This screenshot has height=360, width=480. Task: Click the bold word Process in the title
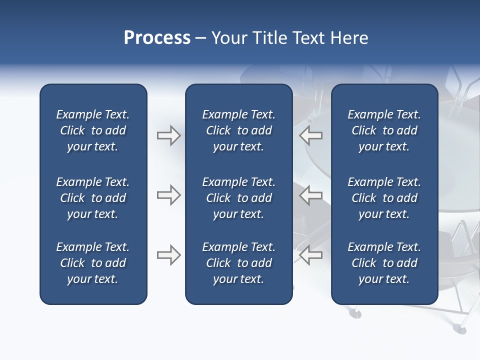(x=157, y=38)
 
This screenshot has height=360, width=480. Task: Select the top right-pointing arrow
(x=168, y=135)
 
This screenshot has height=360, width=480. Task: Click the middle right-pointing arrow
(x=168, y=195)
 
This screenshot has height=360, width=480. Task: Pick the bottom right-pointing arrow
(x=168, y=255)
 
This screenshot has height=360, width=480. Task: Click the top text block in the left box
(x=93, y=130)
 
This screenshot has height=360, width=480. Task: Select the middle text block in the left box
(x=93, y=198)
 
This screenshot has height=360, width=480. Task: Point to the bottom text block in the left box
(x=93, y=263)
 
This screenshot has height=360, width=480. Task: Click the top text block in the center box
(x=238, y=130)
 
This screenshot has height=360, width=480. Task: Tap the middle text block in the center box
(x=238, y=198)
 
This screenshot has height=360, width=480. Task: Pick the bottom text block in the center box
(x=238, y=263)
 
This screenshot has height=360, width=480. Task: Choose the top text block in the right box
(x=384, y=130)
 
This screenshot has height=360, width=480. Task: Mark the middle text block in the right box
(x=384, y=198)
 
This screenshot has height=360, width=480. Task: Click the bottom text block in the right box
(x=384, y=263)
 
